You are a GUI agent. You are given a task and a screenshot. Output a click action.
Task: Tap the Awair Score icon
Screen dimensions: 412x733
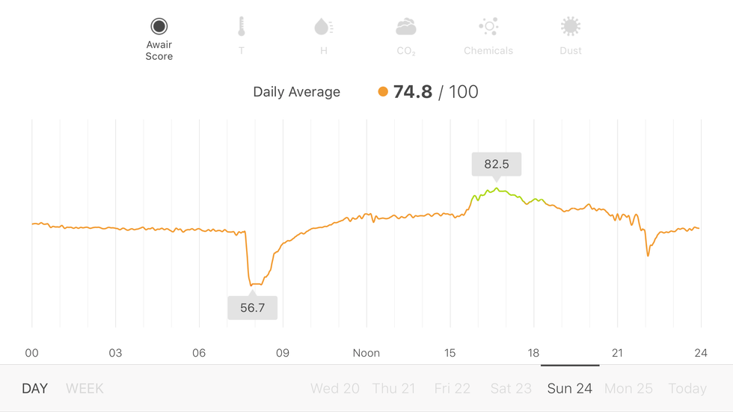159,27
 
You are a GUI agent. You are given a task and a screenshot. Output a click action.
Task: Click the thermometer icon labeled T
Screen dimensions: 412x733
241,28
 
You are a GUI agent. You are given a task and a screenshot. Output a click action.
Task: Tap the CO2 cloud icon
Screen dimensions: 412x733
405,28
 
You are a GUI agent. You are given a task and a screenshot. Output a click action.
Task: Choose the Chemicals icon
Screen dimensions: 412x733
488,28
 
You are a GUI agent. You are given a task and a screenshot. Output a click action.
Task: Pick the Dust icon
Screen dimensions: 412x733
571,28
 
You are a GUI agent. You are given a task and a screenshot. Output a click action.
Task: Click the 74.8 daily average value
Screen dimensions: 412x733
413,92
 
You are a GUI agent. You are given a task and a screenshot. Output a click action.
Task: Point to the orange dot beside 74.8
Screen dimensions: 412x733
383,92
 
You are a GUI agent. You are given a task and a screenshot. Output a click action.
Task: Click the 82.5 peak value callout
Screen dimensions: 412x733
496,164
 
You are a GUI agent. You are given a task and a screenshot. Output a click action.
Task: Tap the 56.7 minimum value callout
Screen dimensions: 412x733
252,307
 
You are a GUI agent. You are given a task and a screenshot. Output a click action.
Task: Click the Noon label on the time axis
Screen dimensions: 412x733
366,353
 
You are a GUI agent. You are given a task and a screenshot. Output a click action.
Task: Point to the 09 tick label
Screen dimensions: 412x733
282,353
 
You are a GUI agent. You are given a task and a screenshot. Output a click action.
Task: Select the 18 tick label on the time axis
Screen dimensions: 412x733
533,353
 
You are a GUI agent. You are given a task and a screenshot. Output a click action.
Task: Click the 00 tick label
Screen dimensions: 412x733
31,353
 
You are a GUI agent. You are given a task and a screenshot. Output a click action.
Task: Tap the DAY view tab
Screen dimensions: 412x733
34,389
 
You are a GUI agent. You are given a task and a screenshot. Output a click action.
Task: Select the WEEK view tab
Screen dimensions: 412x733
85,389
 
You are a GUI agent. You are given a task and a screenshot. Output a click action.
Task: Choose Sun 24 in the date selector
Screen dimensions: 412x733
570,389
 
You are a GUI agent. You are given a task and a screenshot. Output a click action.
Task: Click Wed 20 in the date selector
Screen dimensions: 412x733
335,389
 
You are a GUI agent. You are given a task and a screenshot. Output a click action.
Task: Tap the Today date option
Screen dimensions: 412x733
687,389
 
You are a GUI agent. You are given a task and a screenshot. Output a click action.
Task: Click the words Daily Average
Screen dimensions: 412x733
296,92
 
